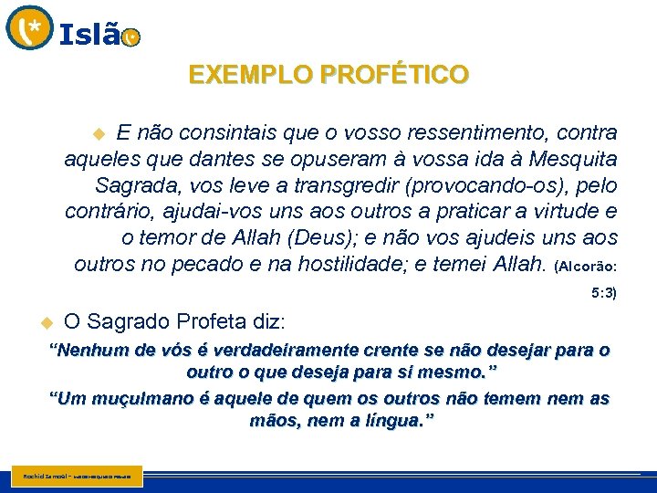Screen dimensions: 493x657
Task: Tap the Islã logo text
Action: tap(89, 36)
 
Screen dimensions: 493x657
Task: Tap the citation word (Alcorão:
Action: tap(585, 267)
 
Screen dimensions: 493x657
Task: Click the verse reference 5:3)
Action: tap(604, 294)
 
